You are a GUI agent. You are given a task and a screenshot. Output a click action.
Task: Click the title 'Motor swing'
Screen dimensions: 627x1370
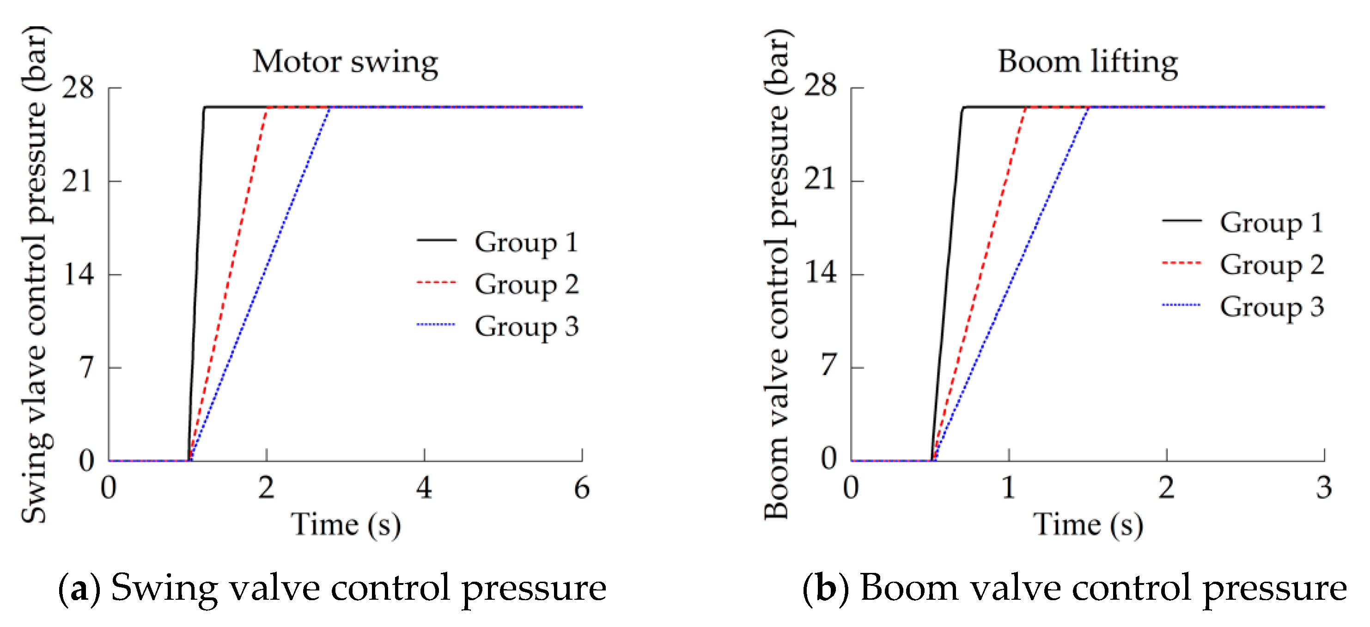[x=345, y=62]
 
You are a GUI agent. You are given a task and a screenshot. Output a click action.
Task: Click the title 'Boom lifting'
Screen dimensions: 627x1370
[x=1087, y=62]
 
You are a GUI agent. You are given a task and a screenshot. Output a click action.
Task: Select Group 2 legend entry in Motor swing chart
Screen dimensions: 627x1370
[x=525, y=284]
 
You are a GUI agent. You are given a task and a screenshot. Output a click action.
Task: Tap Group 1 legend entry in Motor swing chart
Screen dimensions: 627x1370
[x=525, y=242]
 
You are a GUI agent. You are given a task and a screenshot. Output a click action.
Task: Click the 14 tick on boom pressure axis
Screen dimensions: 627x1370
[x=820, y=274]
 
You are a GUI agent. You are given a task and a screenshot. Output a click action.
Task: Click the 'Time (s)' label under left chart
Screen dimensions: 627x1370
[x=345, y=525]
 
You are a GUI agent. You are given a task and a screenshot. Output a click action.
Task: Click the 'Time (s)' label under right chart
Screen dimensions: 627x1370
[x=1088, y=525]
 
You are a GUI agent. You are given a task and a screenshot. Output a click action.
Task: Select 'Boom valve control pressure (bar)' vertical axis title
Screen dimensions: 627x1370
[x=777, y=274]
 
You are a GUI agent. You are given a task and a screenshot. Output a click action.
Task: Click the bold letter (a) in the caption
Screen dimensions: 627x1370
[x=79, y=589]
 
